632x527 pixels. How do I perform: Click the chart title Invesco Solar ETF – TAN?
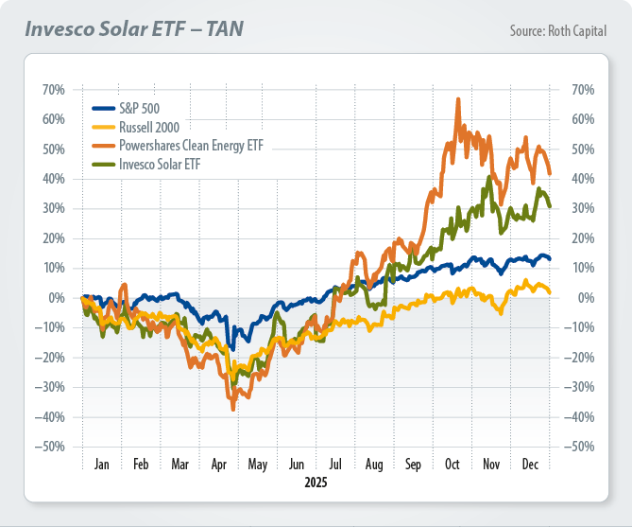coord(134,28)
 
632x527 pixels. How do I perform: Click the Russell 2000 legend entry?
coord(149,125)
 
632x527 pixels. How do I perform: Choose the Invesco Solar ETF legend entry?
coord(160,164)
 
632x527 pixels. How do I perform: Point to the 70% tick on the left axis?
coord(53,90)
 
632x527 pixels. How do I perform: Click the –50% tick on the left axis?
coord(50,447)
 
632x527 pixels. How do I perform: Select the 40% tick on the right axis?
coord(584,179)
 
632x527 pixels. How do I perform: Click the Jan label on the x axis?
coord(102,465)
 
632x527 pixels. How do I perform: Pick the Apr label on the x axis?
coord(219,465)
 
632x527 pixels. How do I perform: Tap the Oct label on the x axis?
coord(453,465)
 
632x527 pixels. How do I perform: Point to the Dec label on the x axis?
coord(530,465)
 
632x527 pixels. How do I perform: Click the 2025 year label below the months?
coord(316,483)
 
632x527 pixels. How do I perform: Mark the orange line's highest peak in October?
coord(458,98)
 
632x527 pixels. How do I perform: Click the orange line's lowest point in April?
coord(232,409)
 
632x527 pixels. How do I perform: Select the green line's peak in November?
coord(488,176)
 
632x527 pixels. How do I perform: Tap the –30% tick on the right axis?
coord(587,387)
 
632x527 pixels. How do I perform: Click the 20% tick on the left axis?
coord(53,238)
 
